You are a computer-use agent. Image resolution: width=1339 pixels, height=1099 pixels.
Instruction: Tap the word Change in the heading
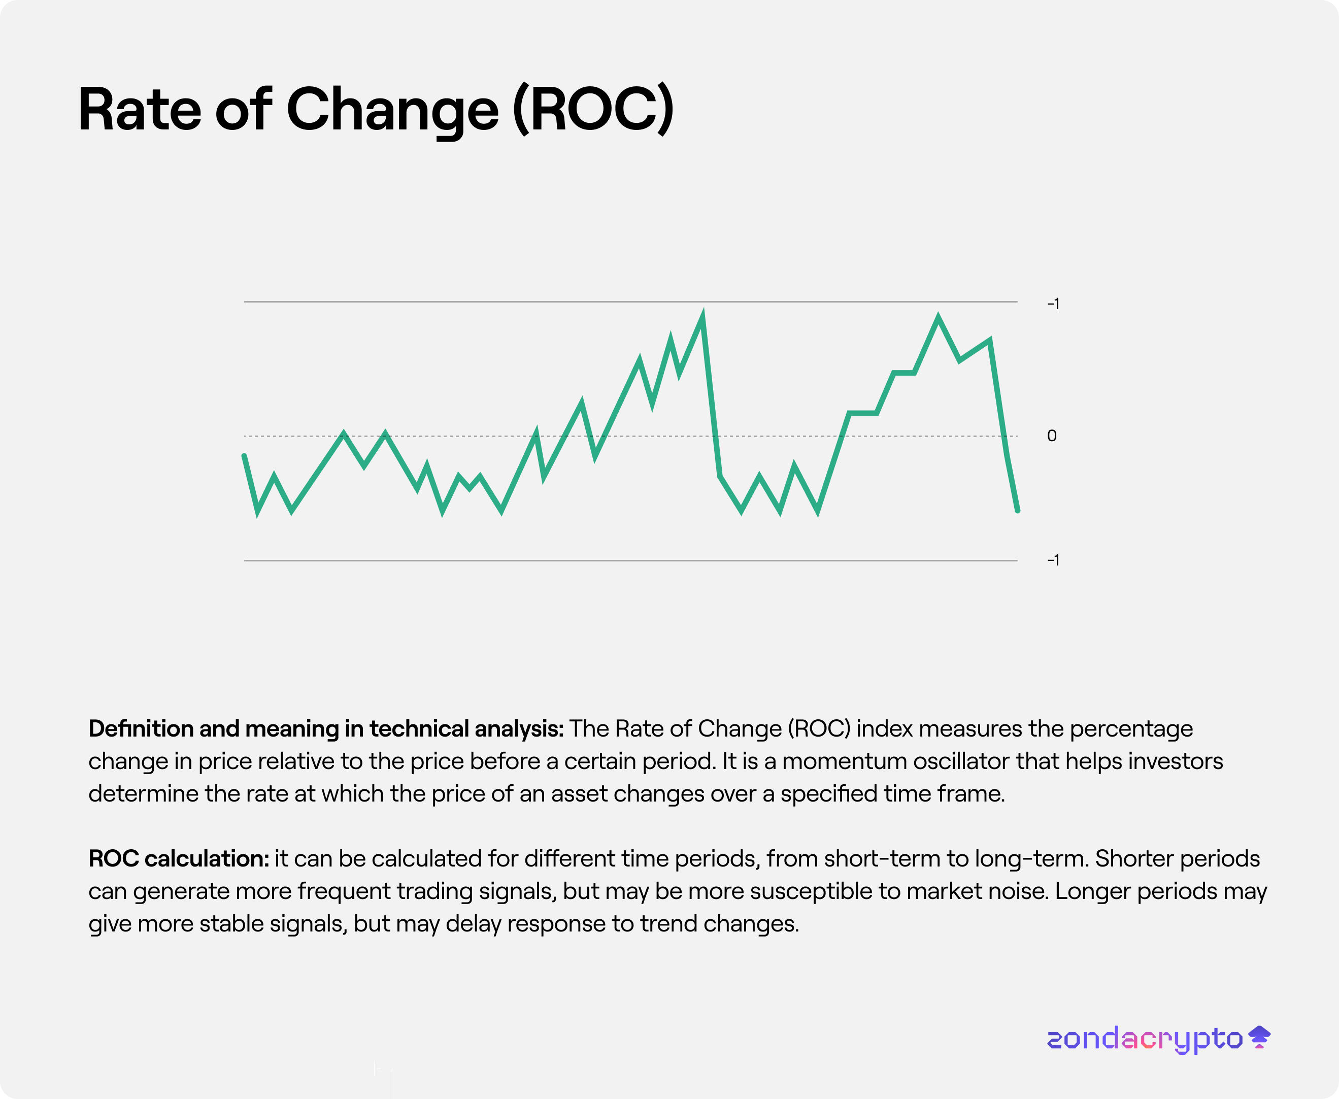pos(392,110)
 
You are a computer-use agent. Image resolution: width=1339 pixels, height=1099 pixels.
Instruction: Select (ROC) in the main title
pos(593,110)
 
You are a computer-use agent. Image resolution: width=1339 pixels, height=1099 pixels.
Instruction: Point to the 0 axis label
pos(1052,436)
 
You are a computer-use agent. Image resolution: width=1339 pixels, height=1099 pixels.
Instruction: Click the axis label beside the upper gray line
pos(1053,304)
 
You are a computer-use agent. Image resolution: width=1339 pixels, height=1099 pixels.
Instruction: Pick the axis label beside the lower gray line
pos(1053,559)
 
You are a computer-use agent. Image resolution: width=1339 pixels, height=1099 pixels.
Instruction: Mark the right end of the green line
pos(1017,510)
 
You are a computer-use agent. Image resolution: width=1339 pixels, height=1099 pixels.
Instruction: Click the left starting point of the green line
pos(244,456)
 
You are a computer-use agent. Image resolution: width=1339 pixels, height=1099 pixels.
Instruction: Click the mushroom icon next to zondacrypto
pos(1259,1037)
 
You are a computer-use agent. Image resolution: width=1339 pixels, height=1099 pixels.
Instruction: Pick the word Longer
pos(1092,891)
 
